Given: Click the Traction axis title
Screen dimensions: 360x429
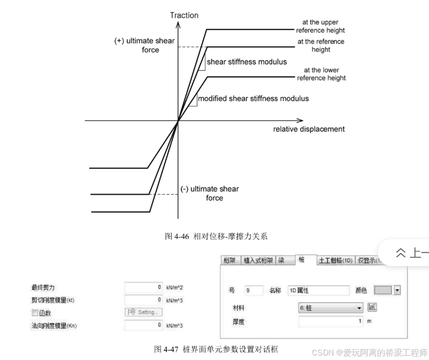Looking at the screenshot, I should click(x=184, y=15).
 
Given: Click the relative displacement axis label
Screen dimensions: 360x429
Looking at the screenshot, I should click(x=308, y=129).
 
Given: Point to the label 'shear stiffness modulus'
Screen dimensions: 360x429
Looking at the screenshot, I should click(x=246, y=62).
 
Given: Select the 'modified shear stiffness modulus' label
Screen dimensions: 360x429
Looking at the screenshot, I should click(x=253, y=99).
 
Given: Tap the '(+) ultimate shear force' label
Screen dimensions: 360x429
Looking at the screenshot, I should click(x=144, y=45).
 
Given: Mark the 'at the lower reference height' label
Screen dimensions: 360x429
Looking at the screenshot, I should click(x=321, y=74).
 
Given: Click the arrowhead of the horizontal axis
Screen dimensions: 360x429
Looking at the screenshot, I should click(x=300, y=120).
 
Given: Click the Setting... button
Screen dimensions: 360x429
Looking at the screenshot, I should click(x=143, y=312).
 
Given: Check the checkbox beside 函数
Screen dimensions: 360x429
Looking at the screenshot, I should click(x=35, y=313).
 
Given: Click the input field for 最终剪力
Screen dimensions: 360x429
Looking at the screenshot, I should click(x=143, y=287).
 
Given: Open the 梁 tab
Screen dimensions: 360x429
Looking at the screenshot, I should click(x=281, y=260).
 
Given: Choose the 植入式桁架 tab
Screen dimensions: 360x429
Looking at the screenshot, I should click(x=257, y=260).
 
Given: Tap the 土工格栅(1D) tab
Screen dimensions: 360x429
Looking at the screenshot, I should click(x=335, y=260).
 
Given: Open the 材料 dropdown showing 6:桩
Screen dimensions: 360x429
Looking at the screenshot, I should click(x=331, y=308).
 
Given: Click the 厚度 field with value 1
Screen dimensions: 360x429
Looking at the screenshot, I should click(x=331, y=321).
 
